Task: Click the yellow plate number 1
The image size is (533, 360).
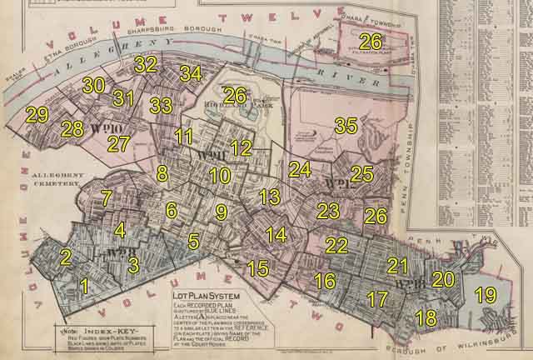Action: point(83,287)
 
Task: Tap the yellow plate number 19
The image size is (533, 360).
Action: point(485,295)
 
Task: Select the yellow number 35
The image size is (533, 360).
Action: point(345,126)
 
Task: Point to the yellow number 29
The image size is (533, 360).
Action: point(37,115)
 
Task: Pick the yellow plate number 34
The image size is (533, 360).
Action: point(190,73)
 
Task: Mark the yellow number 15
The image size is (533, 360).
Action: point(258,268)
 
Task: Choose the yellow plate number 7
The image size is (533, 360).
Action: point(106,198)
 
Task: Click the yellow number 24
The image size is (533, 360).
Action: point(300,170)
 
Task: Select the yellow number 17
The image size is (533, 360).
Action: point(377,298)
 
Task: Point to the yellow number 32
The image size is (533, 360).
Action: point(146,63)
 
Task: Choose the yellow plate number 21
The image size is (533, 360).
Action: point(397,266)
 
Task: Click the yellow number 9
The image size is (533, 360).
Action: point(221,212)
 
